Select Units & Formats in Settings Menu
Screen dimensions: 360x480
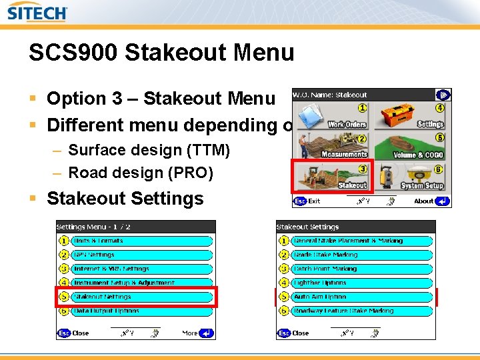coord(141,241)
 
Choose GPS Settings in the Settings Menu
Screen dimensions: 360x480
coord(141,255)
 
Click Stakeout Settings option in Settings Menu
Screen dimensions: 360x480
coord(141,297)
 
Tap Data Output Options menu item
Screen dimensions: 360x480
coord(141,311)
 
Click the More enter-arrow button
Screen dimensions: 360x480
coord(207,333)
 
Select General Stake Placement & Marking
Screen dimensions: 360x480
coord(363,241)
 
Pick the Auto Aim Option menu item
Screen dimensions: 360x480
coord(363,297)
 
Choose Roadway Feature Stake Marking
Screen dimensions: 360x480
coord(363,311)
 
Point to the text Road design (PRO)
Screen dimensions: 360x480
coord(141,173)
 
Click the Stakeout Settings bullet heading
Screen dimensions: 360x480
coord(125,199)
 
